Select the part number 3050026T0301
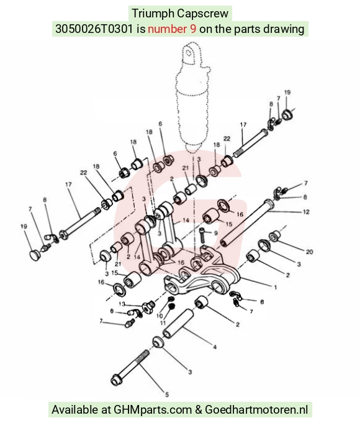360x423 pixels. click(x=94, y=29)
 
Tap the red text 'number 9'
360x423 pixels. click(x=172, y=29)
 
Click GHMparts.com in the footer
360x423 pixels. click(x=153, y=409)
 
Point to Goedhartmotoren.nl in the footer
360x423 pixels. click(x=256, y=409)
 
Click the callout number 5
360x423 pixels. click(x=167, y=394)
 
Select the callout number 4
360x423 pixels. click(x=215, y=347)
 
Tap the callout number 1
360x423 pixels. click(x=276, y=288)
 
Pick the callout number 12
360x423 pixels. click(x=306, y=212)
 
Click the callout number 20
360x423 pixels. click(x=309, y=252)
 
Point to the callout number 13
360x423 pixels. click(x=122, y=304)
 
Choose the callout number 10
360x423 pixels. click(x=160, y=316)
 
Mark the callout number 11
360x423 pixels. click(x=163, y=322)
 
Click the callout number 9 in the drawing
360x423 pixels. click(x=215, y=233)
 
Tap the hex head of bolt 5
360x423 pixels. click(x=115, y=380)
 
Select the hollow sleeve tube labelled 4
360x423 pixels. click(x=178, y=323)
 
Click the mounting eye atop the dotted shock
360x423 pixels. click(x=191, y=53)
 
